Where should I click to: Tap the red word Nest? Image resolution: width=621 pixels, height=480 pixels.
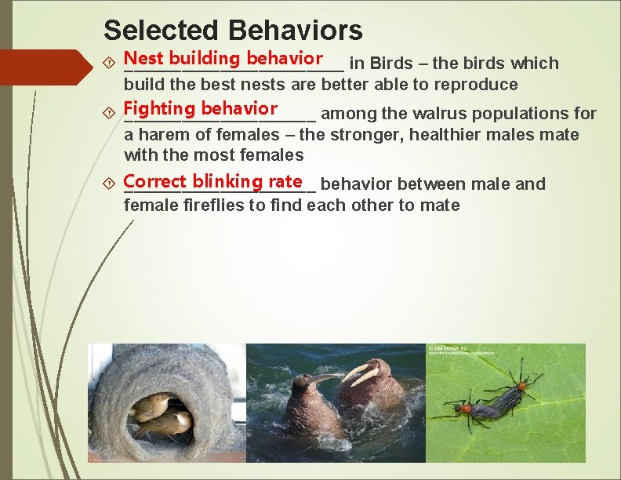click(143, 59)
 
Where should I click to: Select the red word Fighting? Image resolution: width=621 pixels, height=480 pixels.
click(160, 108)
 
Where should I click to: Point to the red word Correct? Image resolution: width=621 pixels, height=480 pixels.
click(154, 181)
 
